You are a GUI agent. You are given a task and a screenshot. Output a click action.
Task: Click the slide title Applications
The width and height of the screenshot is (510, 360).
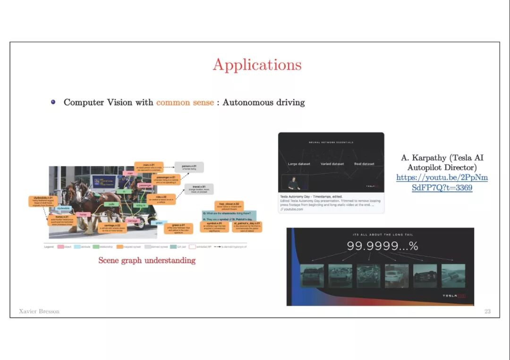[257, 65]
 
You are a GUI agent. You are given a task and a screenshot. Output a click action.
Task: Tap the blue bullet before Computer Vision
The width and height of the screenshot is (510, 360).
[53, 102]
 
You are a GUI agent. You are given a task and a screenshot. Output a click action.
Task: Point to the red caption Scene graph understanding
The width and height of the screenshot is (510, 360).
[147, 260]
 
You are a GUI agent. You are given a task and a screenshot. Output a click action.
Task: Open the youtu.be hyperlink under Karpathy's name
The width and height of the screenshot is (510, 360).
[442, 183]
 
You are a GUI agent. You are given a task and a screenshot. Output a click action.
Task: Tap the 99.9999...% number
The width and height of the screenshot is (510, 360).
[382, 246]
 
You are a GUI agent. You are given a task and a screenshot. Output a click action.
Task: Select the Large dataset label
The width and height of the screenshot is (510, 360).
[299, 164]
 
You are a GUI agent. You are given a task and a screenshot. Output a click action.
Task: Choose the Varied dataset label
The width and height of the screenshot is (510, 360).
[332, 164]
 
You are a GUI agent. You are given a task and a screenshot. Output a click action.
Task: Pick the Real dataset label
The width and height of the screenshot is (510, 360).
[364, 164]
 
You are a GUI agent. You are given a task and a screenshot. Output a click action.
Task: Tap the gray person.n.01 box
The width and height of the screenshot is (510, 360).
[189, 167]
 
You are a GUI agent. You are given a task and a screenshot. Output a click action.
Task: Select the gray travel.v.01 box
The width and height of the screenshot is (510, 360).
[199, 189]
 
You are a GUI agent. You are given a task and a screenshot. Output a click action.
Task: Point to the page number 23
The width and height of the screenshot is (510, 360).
[487, 311]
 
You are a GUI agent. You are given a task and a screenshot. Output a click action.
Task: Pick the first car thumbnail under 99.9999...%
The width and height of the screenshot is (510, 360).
[312, 276]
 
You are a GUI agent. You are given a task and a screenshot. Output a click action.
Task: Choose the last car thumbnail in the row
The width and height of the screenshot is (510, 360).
[453, 276]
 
